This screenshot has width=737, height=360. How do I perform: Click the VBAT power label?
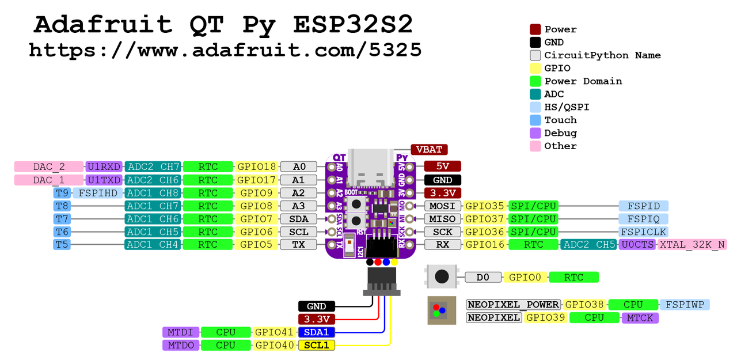[429, 150]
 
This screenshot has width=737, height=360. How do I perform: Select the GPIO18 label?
[257, 166]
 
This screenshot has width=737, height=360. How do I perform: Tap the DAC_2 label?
[49, 166]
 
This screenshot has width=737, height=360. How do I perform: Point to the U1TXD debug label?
[104, 180]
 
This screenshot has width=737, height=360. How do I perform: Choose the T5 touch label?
[62, 244]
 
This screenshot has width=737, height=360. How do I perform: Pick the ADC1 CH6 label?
[153, 219]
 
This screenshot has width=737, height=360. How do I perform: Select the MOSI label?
[442, 206]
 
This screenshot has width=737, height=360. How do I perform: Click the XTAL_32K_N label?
[692, 244]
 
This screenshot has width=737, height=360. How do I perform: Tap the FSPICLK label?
[643, 232]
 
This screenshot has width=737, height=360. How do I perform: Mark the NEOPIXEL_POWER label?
[513, 304]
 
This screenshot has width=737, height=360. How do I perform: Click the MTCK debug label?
[640, 317]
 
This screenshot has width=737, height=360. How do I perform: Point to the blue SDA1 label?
[316, 332]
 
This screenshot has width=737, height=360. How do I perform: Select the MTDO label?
[181, 345]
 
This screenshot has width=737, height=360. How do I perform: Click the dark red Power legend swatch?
[535, 29]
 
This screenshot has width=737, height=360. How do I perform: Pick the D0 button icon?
[442, 276]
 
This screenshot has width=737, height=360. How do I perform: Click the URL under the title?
[225, 50]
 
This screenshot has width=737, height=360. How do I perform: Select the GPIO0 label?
[526, 278]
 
